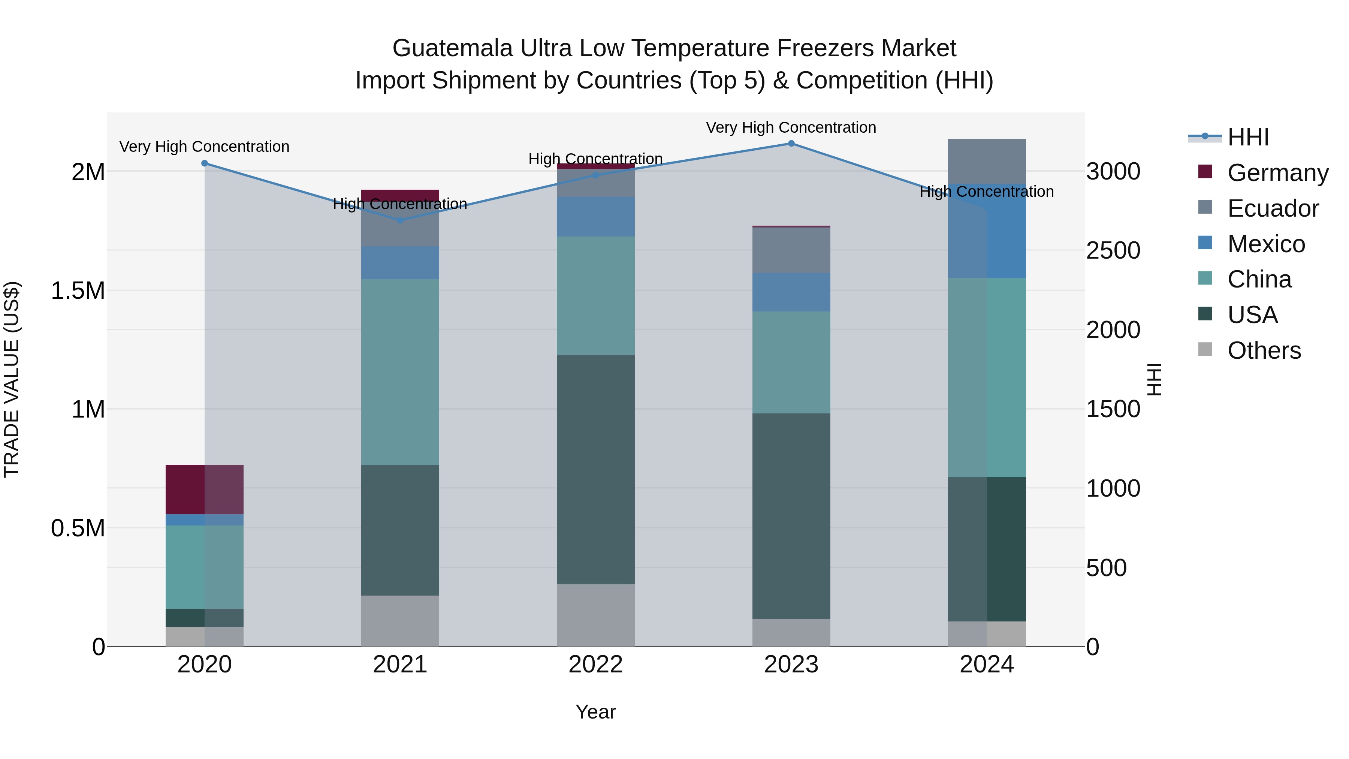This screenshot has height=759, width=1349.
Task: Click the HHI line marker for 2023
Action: (791, 144)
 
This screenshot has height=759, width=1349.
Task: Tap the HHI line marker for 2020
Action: (205, 163)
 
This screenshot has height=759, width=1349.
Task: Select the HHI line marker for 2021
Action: (400, 220)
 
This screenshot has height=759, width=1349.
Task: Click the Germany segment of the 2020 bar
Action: (204, 489)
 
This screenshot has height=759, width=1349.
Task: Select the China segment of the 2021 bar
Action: (400, 372)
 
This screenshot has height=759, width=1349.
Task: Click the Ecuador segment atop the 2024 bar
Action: (987, 161)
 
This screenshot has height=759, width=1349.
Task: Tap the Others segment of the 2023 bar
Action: (791, 632)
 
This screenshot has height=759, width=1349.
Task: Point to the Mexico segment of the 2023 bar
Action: (791, 292)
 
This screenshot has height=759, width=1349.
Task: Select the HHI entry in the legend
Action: (1247, 137)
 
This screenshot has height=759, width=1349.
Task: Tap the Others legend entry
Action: (1263, 350)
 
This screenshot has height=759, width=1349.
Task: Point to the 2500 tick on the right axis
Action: (1113, 250)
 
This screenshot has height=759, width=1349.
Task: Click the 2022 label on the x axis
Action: (595, 665)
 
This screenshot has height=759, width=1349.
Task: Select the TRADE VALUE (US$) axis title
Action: (12, 379)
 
